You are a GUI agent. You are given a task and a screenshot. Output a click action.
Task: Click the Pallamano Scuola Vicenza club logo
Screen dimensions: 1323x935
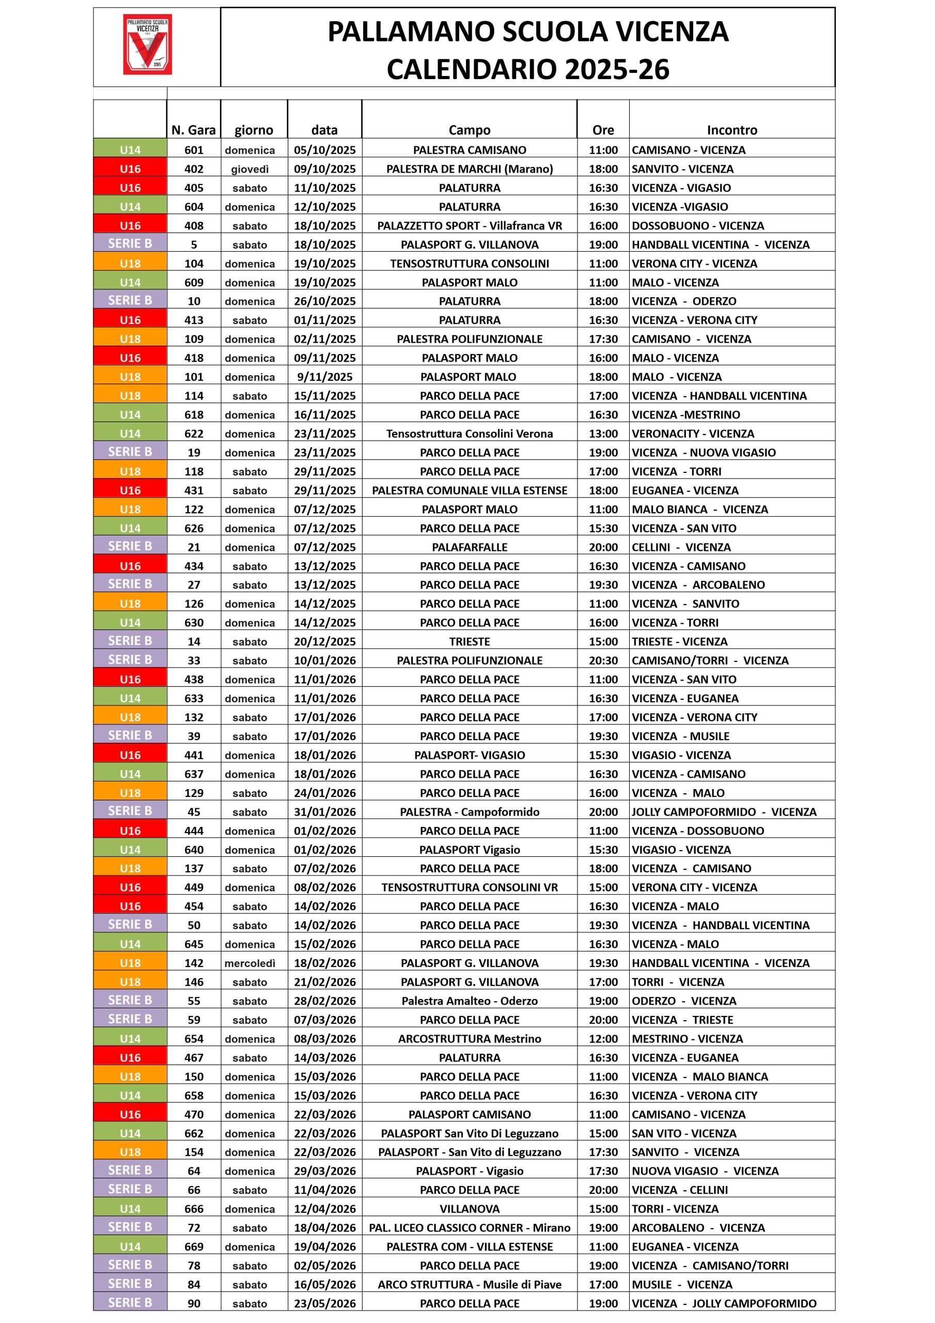147,44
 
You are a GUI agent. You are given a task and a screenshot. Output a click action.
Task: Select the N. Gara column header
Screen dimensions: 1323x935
194,130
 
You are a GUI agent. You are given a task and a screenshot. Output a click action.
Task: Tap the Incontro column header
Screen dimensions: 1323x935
731,130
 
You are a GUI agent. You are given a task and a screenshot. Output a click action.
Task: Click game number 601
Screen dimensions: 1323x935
194,150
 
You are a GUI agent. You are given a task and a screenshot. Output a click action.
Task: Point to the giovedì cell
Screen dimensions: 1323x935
250,170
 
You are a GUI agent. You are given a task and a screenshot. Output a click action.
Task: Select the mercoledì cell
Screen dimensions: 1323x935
250,963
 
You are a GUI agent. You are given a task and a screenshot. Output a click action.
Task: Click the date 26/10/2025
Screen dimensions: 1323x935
324,301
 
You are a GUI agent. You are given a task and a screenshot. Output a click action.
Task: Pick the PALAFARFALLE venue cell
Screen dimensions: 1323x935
470,547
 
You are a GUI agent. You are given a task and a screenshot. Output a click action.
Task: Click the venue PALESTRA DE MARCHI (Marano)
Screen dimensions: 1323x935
470,170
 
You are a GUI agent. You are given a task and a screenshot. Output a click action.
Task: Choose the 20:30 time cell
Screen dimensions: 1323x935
603,661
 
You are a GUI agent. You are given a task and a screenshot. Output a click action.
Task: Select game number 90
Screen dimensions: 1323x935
194,1303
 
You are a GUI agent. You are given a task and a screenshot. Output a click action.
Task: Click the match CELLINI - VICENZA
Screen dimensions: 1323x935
681,547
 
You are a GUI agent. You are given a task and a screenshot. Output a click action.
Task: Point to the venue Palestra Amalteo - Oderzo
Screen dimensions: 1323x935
470,1001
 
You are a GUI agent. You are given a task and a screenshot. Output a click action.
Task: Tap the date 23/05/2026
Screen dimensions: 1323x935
324,1303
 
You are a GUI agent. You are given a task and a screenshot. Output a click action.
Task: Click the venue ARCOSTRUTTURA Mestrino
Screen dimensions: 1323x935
470,1039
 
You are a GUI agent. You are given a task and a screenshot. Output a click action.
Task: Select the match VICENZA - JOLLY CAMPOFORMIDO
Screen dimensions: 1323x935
724,1303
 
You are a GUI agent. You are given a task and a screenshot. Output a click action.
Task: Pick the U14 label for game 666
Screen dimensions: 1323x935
130,1209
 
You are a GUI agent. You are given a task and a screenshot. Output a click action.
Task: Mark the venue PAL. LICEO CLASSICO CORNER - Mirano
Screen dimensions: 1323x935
470,1228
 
